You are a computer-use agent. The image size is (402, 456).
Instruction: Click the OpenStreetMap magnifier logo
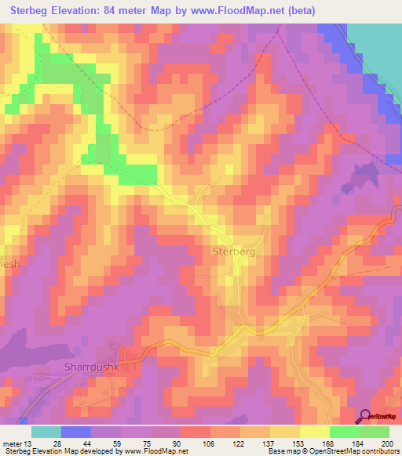pos(365,416)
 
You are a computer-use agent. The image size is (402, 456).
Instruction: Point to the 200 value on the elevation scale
pos(386,443)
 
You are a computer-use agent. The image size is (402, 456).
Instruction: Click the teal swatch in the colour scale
pos(46,432)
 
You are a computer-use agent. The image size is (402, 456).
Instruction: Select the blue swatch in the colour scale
pos(76,432)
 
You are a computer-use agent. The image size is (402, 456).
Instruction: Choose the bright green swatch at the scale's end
pos(375,432)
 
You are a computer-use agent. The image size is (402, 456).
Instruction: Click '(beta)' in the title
pos(301,11)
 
